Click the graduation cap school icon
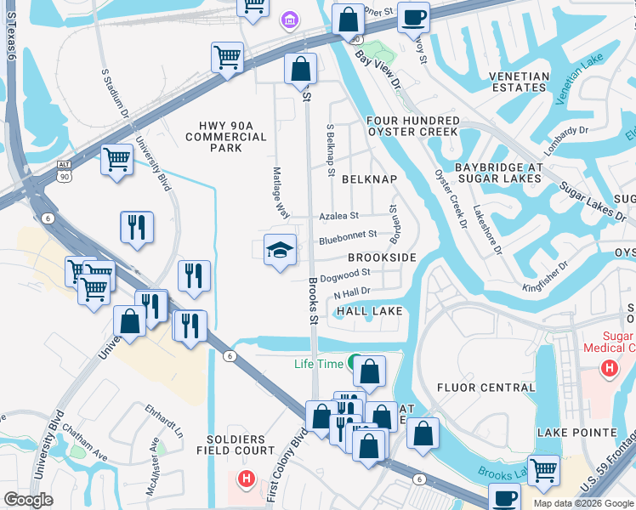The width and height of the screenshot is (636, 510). coord(280,250)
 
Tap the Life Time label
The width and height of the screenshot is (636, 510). coord(319,364)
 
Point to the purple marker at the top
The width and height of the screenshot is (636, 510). coord(289,19)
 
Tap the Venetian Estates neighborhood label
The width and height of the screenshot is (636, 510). coord(519,82)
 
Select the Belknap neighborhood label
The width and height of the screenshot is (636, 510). coord(369,179)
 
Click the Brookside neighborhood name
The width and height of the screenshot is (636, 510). coord(382,257)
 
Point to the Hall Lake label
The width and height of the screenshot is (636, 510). coord(369,312)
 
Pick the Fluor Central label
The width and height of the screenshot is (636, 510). coord(486,388)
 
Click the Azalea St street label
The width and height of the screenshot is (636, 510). coord(339,217)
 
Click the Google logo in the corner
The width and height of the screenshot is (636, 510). coord(29,499)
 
